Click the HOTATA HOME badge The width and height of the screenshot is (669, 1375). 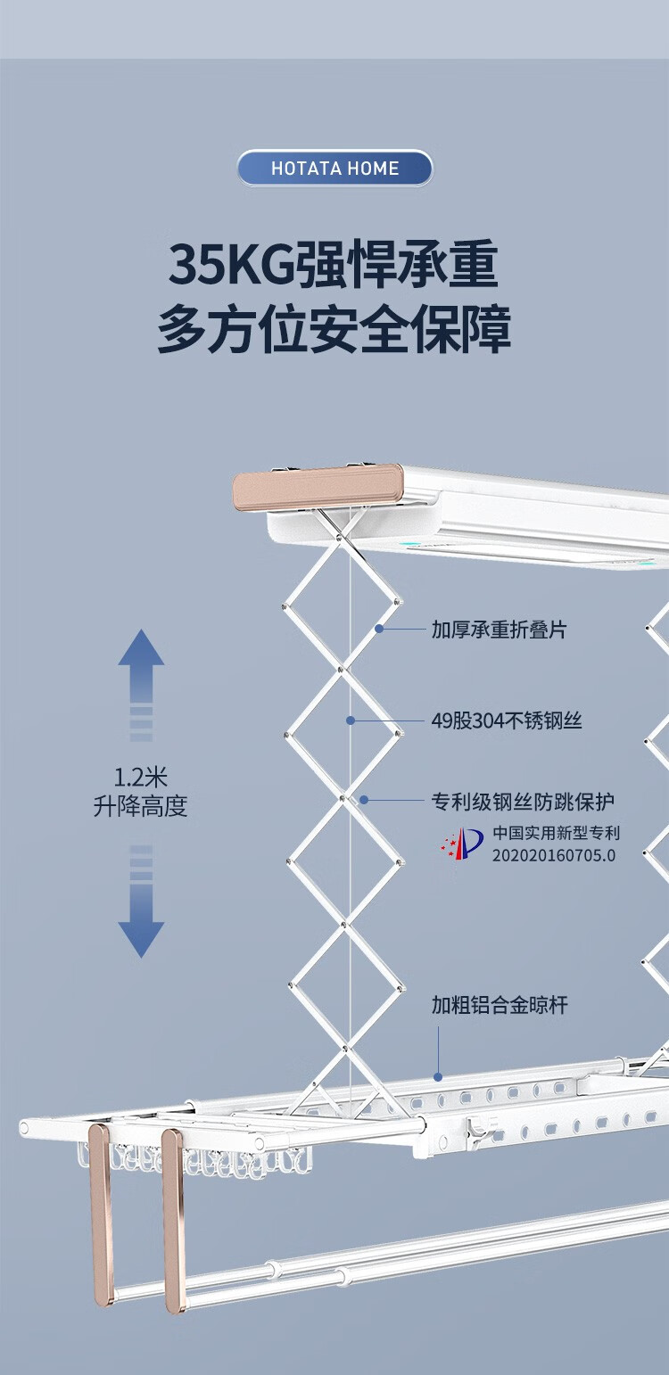(x=334, y=169)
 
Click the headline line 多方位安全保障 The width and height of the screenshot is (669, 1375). (x=334, y=330)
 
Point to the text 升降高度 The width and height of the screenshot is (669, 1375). (x=141, y=806)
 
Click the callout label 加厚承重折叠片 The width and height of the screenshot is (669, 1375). (x=499, y=630)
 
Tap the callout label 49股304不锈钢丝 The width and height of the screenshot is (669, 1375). (x=507, y=720)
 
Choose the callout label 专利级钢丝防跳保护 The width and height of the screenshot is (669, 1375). (x=523, y=801)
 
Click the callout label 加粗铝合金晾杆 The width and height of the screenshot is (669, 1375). (x=500, y=1006)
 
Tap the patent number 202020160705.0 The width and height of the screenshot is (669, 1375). (x=554, y=854)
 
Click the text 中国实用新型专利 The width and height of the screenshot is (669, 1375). (x=557, y=834)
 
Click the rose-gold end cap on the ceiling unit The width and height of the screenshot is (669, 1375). (x=318, y=490)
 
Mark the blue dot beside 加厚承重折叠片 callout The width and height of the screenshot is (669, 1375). (x=379, y=629)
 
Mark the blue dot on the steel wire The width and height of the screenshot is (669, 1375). (x=351, y=720)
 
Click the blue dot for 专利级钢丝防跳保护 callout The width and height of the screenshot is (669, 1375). (x=364, y=800)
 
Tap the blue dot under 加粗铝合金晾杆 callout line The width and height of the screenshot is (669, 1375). (x=438, y=1075)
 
